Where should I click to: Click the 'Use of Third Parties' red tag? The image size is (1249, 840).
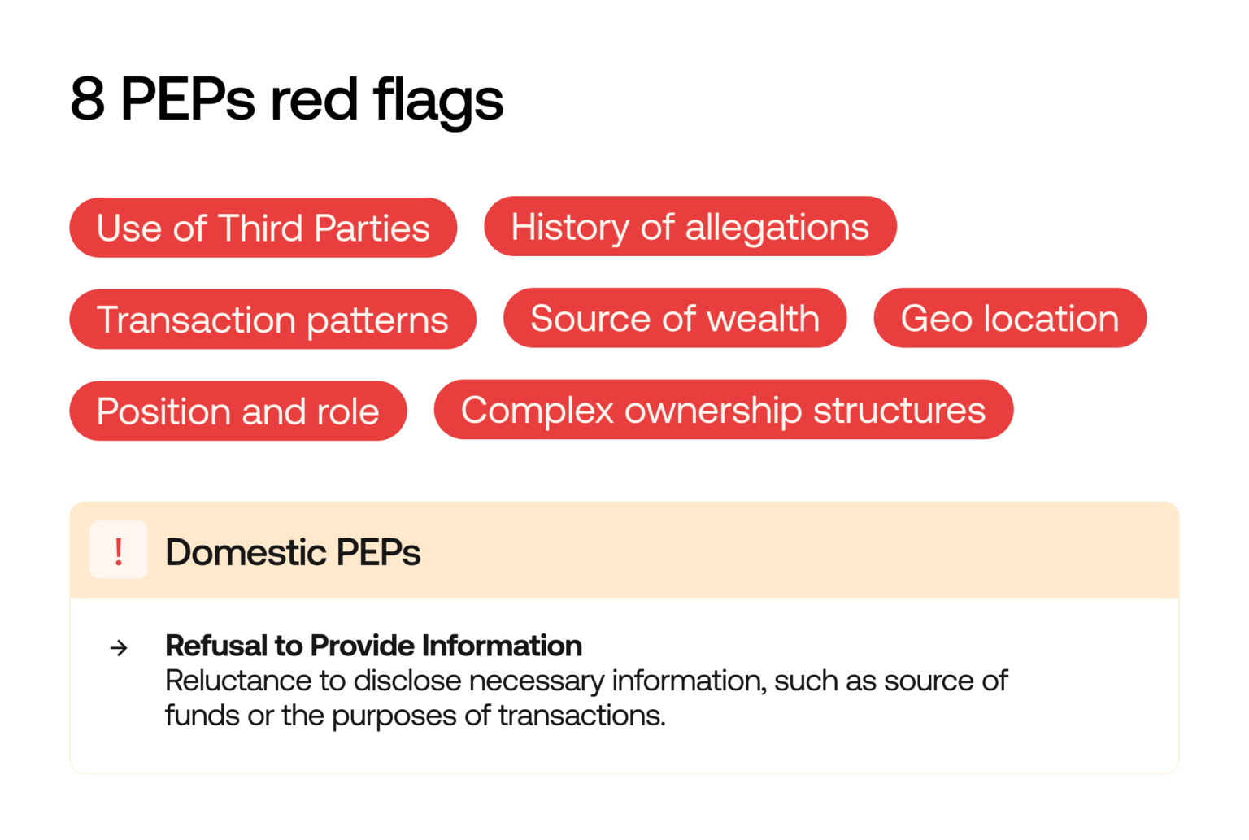(x=263, y=228)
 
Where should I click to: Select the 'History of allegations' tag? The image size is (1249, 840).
(x=690, y=226)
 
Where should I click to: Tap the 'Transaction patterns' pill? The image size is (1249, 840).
(x=272, y=320)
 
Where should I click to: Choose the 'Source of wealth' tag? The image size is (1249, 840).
(x=674, y=318)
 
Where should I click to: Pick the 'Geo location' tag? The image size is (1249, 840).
(x=1009, y=318)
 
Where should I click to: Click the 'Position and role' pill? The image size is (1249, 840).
(x=237, y=411)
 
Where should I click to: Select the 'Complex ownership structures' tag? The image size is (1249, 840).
(x=723, y=410)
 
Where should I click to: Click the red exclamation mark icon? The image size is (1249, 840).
(x=119, y=551)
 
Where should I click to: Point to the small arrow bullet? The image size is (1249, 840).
(x=119, y=647)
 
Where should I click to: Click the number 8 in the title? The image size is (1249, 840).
(x=88, y=100)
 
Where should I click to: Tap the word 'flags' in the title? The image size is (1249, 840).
(x=438, y=100)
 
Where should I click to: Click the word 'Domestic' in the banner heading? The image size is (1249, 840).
(x=244, y=552)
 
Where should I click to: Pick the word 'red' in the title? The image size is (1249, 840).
(x=314, y=100)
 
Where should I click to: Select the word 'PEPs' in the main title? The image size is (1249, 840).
(x=187, y=100)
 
